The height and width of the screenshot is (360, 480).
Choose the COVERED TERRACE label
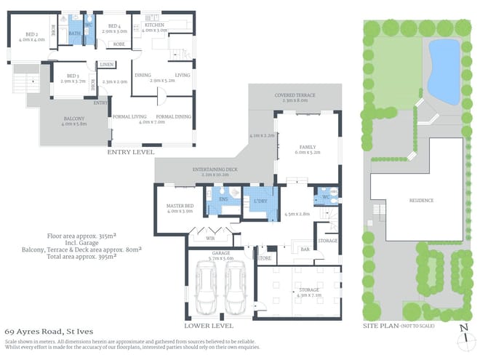[x=295, y=95]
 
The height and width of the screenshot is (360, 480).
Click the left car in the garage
[x=206, y=287]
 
